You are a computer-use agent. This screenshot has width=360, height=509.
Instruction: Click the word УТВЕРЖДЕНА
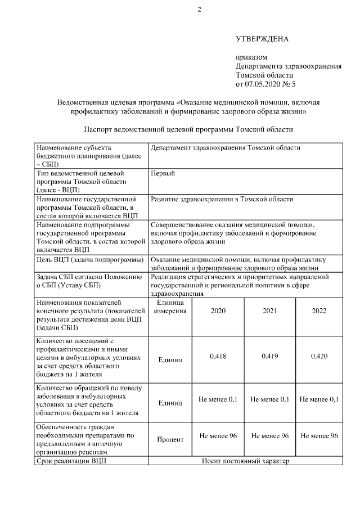262,39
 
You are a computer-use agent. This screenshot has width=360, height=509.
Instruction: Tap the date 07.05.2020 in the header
264,84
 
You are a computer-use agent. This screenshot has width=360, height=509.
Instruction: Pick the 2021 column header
270,311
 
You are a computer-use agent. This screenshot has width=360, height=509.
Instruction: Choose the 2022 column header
319,311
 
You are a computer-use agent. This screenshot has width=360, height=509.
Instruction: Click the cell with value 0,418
218,356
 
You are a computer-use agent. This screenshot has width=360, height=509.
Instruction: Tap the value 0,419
270,356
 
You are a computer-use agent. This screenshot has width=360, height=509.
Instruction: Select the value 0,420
319,356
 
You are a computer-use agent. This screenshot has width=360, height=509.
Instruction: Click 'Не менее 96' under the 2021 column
270,436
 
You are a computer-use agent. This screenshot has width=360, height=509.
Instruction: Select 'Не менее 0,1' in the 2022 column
319,399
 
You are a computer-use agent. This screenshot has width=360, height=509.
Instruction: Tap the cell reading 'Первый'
163,173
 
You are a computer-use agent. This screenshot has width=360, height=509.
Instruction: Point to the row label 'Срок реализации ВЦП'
70,461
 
